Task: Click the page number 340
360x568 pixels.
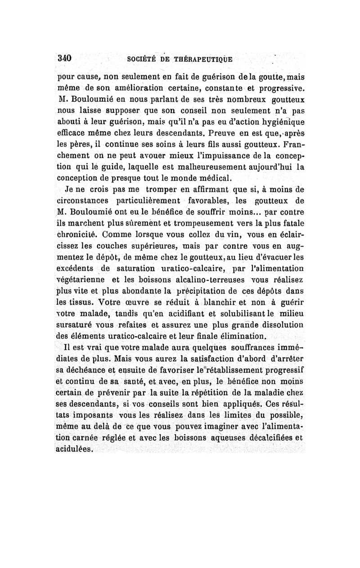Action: [x=65, y=59]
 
